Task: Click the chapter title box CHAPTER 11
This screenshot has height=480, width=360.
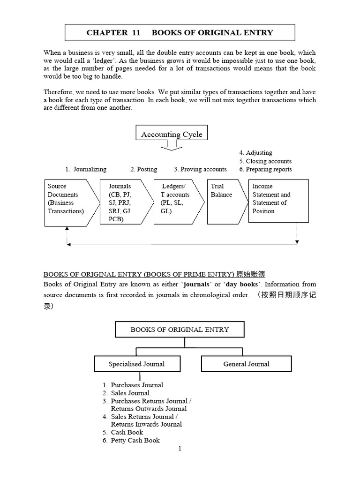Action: click(180, 32)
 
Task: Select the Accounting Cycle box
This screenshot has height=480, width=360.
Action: click(172, 134)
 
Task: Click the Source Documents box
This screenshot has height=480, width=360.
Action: click(70, 202)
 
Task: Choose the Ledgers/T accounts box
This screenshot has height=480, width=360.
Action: click(177, 202)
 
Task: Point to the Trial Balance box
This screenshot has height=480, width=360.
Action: click(225, 202)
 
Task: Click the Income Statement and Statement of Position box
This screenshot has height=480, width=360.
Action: click(278, 201)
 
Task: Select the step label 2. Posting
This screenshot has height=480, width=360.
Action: click(144, 169)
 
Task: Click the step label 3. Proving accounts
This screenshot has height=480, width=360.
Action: click(200, 169)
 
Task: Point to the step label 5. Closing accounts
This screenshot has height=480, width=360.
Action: click(265, 161)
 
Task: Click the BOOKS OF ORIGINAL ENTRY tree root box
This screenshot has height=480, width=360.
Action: click(180, 330)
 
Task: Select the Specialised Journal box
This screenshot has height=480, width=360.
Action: click(136, 364)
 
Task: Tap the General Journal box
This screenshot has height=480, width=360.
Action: click(246, 364)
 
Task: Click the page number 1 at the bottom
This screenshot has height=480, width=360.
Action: click(180, 449)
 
